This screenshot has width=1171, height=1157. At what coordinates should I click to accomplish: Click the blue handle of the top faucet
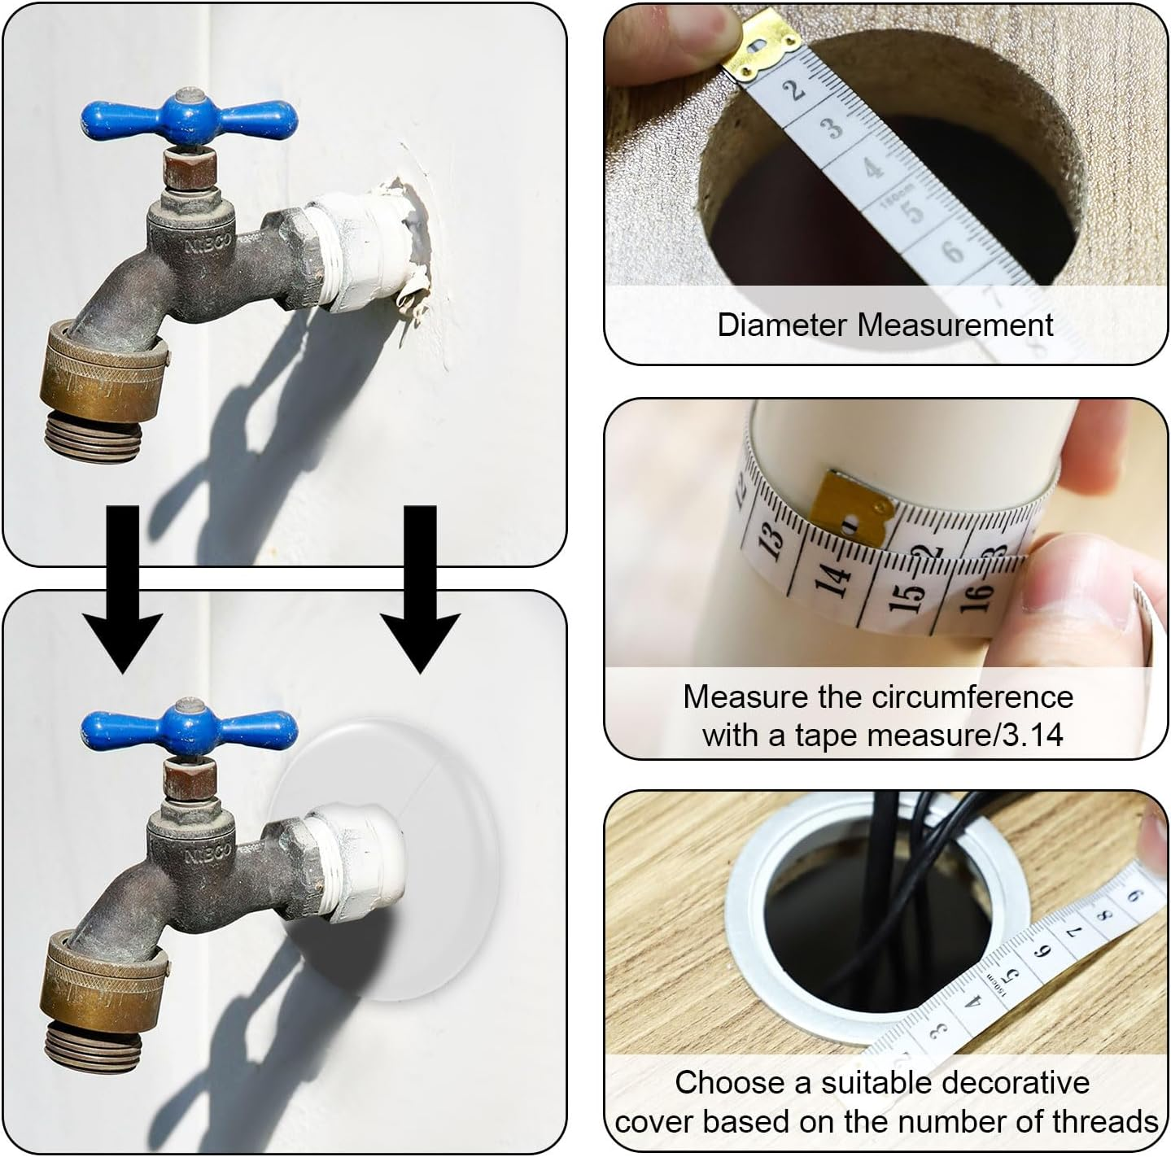pos(189,116)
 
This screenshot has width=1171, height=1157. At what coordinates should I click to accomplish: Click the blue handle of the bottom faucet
pos(189,723)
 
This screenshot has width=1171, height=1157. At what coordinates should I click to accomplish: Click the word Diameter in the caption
pos(784,325)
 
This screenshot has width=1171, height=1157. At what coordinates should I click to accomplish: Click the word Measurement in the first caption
pos(956,325)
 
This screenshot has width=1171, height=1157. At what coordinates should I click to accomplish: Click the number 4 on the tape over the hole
pos(872,168)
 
